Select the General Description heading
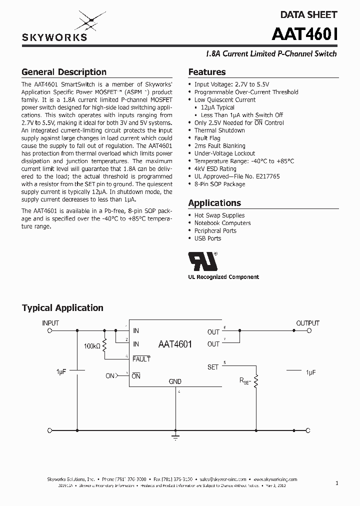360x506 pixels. (x=64, y=72)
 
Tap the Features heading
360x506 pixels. (x=206, y=72)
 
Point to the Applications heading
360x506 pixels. (x=214, y=203)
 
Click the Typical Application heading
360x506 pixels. (x=62, y=308)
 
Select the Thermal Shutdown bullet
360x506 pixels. (x=219, y=130)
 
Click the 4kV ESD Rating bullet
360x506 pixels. (x=215, y=169)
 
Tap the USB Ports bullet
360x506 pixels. (x=207, y=238)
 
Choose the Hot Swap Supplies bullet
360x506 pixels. (x=219, y=215)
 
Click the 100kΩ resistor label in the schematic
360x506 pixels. (x=92, y=346)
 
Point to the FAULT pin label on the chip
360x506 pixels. (x=141, y=359)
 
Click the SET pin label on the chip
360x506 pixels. (x=213, y=367)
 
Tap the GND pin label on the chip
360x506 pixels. (x=175, y=381)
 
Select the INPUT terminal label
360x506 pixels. (x=50, y=323)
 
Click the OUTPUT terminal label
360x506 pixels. (x=307, y=323)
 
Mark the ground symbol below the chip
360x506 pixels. (x=175, y=438)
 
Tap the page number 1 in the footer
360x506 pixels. (x=337, y=483)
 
